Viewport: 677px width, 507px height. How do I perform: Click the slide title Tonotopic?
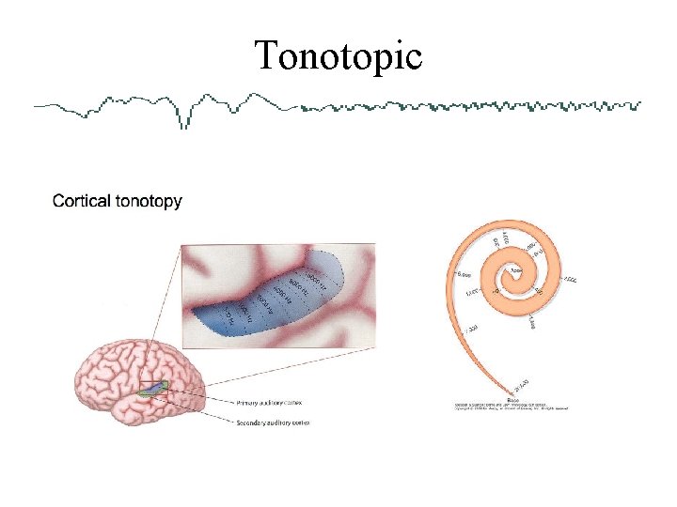click(x=338, y=56)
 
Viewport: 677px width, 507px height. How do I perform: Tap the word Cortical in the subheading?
click(x=81, y=201)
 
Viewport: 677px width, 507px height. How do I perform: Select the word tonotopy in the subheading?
click(x=148, y=202)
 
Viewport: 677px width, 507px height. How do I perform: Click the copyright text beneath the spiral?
click(x=512, y=407)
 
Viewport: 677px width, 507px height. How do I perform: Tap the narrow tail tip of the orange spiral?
click(x=513, y=390)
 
